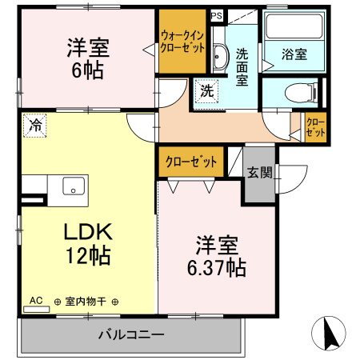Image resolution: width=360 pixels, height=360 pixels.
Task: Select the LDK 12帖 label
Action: (89, 244)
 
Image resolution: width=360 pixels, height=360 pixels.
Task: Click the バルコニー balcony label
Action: (131, 334)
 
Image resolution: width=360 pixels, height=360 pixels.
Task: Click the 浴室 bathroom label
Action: (294, 55)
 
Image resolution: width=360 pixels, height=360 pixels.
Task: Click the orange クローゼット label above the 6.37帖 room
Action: (191, 162)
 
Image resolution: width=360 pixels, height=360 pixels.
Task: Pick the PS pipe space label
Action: (217, 15)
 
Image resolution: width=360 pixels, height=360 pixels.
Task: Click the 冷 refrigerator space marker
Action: (34, 125)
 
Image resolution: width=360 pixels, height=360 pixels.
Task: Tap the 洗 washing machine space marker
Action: (206, 91)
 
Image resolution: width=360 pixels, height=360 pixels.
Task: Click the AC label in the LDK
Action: (37, 302)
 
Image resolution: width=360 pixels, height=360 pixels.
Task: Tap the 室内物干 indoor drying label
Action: (87, 302)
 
